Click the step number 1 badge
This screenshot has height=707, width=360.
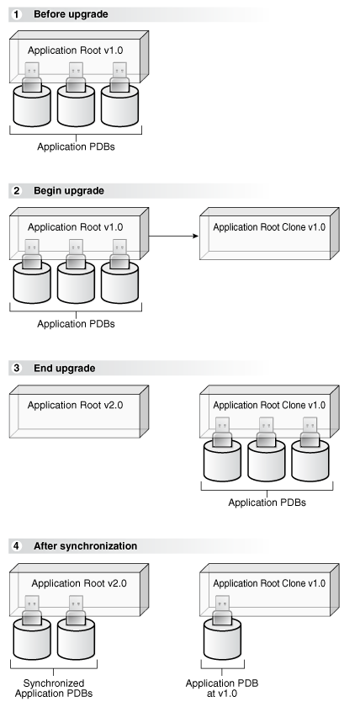click(16, 13)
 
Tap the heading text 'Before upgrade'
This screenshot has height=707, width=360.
click(70, 13)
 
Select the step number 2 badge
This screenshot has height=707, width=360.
click(16, 190)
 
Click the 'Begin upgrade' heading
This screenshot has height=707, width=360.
click(68, 190)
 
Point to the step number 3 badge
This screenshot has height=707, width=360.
click(16, 368)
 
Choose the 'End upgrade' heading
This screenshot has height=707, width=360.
click(64, 368)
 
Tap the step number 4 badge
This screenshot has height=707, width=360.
click(16, 545)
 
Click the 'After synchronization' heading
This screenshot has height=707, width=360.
click(85, 545)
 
